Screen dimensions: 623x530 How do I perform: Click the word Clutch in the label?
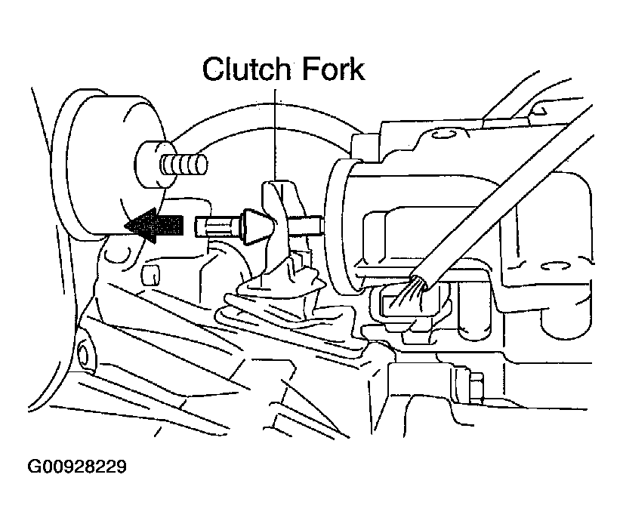247,69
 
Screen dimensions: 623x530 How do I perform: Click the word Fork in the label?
333,69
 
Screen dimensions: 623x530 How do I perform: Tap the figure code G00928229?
77,467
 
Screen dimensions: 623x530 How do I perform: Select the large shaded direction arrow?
153,225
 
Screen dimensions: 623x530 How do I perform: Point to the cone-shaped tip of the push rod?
256,226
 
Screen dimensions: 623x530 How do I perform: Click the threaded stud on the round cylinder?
184,165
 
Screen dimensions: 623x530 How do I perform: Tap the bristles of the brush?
408,292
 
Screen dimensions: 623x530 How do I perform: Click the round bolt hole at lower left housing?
82,354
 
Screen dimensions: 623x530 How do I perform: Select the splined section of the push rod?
217,226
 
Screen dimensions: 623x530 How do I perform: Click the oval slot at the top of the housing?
443,134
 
